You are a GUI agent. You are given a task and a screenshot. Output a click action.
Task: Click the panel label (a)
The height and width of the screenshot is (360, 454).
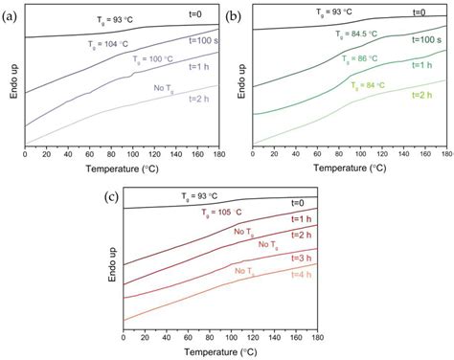[x=11, y=12]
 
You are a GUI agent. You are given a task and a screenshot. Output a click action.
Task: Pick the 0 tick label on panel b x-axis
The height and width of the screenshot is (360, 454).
[x=251, y=154]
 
